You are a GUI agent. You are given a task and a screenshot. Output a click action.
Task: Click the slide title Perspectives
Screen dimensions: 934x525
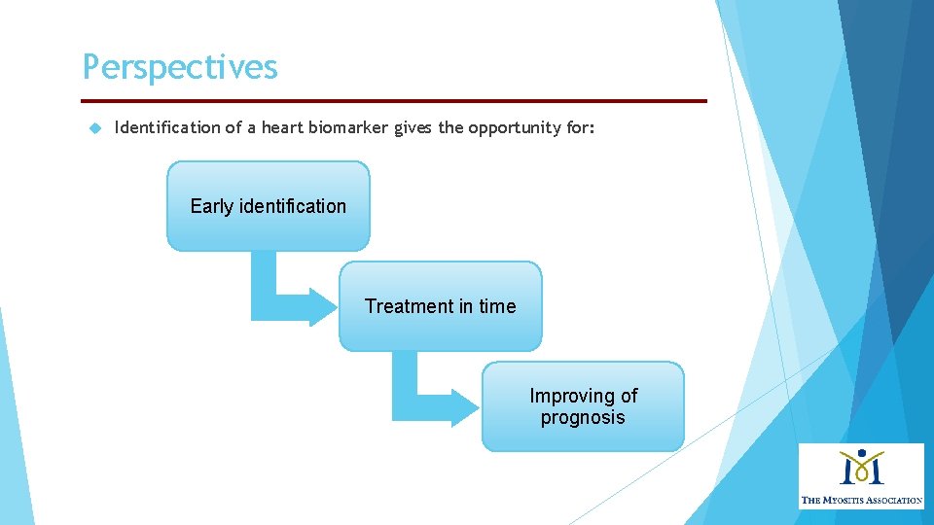(180, 67)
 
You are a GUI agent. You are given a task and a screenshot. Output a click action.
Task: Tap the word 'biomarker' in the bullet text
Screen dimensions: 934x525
(349, 127)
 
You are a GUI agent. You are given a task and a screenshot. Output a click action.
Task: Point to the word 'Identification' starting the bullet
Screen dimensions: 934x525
(167, 127)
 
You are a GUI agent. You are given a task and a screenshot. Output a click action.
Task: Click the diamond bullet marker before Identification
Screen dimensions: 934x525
(94, 127)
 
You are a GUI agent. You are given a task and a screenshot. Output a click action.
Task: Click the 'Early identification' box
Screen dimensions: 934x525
(269, 206)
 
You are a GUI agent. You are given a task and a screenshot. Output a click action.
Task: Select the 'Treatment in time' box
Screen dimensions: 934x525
(440, 306)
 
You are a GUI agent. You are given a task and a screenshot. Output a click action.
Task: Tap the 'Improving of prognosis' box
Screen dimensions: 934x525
(583, 406)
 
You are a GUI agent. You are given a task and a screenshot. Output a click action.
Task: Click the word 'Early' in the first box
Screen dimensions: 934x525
(212, 206)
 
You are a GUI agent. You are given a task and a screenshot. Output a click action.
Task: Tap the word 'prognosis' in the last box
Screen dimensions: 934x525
(583, 418)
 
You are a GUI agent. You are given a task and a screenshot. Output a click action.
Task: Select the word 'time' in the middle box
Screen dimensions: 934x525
(497, 306)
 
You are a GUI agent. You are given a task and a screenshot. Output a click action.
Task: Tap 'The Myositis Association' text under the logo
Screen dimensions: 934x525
(861, 500)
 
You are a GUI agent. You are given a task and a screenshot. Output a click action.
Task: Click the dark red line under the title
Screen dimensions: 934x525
(394, 100)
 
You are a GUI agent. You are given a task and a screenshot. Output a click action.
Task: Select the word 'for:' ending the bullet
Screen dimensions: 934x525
(579, 127)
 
